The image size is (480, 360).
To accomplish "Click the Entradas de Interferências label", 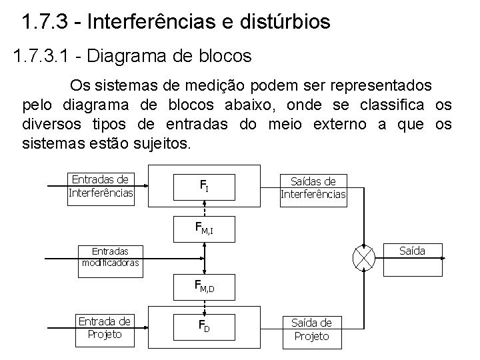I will click(101, 186).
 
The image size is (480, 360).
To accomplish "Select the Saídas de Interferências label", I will click(312, 187).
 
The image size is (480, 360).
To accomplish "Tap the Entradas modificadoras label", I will click(111, 257).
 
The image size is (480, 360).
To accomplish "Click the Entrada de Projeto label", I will click(105, 327).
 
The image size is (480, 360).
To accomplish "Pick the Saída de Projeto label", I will click(311, 329).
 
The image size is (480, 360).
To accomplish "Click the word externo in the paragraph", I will click(348, 124).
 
